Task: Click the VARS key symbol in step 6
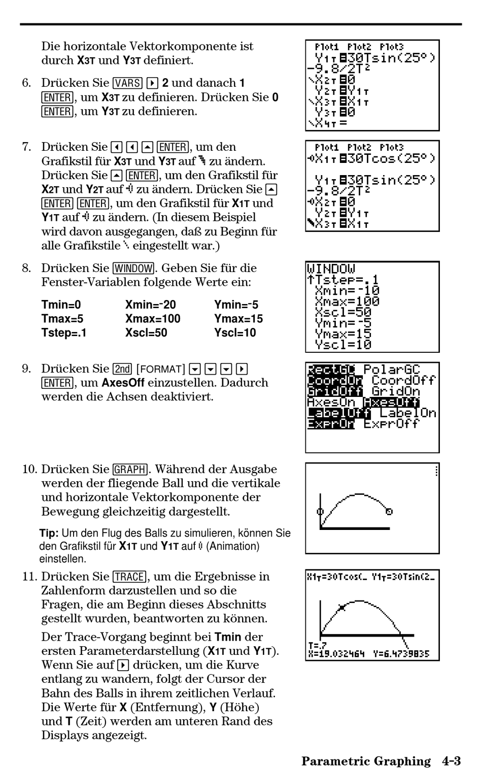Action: pyautogui.click(x=127, y=83)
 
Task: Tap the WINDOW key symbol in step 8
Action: pyautogui.click(x=134, y=268)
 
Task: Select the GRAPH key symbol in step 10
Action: pyautogui.click(x=130, y=469)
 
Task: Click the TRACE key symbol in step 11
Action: pyautogui.click(x=130, y=576)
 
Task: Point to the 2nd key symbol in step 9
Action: pyautogui.click(x=122, y=369)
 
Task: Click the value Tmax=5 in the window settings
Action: pyautogui.click(x=62, y=318)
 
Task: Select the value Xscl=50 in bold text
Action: pyautogui.click(x=146, y=332)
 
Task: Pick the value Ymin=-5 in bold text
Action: pyautogui.click(x=236, y=305)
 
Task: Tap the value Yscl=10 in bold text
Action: pyautogui.click(x=235, y=332)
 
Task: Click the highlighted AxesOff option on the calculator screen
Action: pyautogui.click(x=391, y=402)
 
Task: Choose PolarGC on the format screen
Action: pyautogui.click(x=392, y=369)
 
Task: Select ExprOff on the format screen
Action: pyautogui.click(x=391, y=424)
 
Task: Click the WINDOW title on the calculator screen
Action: pyautogui.click(x=331, y=268)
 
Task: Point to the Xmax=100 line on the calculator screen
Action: pyautogui.click(x=347, y=301)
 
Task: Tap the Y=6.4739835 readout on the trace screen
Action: pyautogui.click(x=401, y=654)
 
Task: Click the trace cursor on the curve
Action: pyautogui.click(x=341, y=608)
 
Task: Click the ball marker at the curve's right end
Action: pyautogui.click(x=389, y=512)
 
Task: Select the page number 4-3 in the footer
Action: pyautogui.click(x=452, y=761)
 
